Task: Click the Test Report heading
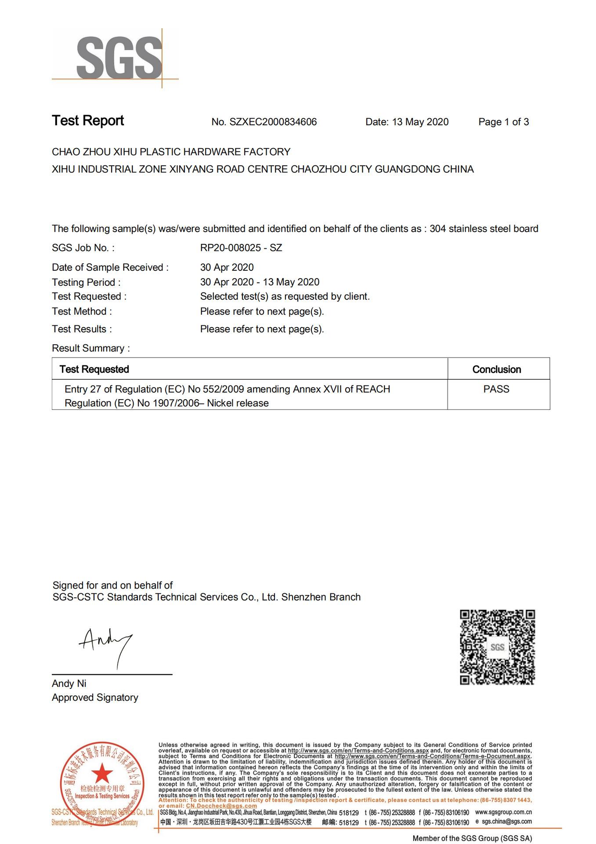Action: pos(88,121)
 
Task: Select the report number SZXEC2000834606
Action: pos(273,122)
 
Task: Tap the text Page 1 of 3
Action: pos(503,122)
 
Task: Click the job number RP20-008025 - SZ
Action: pos(241,248)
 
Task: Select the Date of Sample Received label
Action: pos(110,267)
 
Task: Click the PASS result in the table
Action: pos(496,389)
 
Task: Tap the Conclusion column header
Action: pos(496,369)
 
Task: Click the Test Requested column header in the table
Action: pos(94,369)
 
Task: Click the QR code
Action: pos(497,647)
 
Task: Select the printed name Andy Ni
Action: pos(69,684)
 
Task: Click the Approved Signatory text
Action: pos(95,698)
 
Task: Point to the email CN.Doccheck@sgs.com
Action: pos(221,806)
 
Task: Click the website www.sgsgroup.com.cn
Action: pos(503,812)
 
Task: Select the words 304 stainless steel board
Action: pos(484,229)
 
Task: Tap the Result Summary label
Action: pos(90,348)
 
